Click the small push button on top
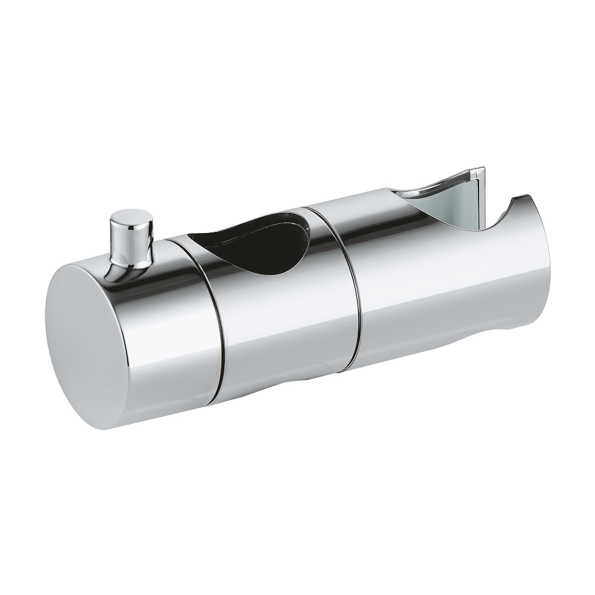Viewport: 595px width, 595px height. (x=131, y=239)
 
